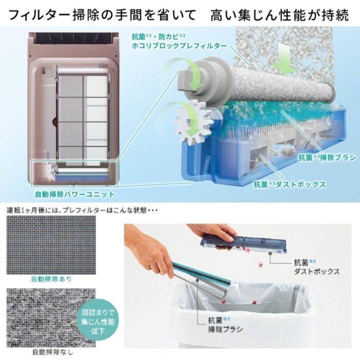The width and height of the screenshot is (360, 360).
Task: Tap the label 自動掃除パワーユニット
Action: click(74, 194)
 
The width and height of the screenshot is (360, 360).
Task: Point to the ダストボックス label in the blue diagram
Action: click(290, 184)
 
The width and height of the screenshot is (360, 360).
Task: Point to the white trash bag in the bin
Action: click(242, 319)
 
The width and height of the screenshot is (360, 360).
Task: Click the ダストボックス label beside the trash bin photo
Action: click(316, 272)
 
